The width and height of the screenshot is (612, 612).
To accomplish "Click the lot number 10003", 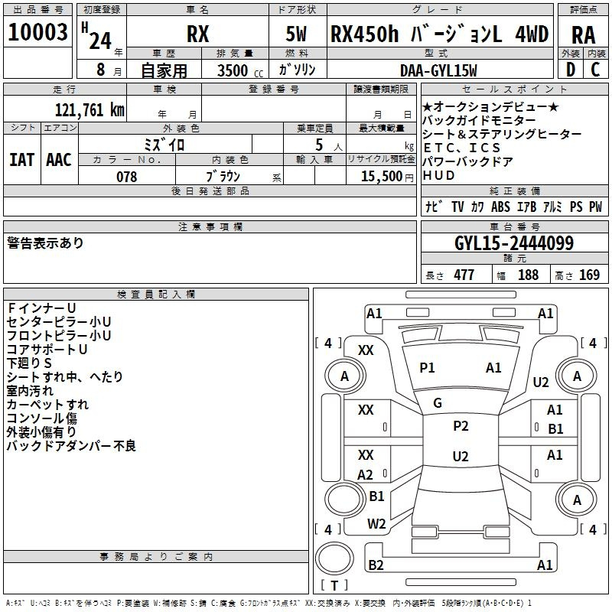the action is (37, 32).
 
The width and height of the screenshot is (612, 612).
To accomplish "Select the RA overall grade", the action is (583, 35).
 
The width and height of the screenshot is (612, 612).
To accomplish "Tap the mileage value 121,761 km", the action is (90, 110).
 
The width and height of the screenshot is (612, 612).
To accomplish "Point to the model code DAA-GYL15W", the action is (438, 70).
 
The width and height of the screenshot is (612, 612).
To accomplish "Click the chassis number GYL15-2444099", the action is (514, 243).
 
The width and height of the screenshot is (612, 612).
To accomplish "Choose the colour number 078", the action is (127, 177).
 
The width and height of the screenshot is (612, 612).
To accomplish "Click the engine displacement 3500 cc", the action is (240, 70).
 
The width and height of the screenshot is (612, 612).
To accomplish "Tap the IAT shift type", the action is (22, 160).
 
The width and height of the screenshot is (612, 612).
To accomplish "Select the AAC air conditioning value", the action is (59, 160).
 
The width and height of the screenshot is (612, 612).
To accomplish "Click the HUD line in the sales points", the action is (438, 175).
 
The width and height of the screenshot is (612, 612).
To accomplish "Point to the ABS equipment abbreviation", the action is (500, 207).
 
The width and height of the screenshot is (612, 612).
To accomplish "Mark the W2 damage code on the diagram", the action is (376, 523).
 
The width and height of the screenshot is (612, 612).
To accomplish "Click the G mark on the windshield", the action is (438, 403).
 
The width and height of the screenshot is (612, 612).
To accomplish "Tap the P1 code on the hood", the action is (427, 368).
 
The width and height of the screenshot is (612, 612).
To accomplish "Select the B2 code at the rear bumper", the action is (376, 565).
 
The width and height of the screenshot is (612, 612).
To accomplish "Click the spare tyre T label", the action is (334, 585).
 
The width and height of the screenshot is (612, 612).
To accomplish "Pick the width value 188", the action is (528, 275).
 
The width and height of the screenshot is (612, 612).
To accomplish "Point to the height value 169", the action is (589, 275).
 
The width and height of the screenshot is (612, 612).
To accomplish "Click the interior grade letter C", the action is (595, 70).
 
